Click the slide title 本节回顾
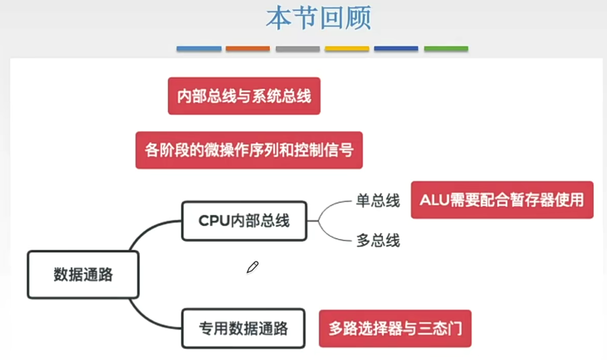coord(318,18)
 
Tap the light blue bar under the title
coord(199,49)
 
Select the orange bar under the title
coord(248,49)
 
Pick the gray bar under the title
coord(297,49)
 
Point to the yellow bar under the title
coord(347,49)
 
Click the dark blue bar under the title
coord(396,49)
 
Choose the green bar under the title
coord(446,49)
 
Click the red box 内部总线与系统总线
coord(244,96)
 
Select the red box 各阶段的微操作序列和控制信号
coord(249,150)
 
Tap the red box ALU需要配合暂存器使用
coord(502,200)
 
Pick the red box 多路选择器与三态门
coord(395,328)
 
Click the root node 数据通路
coord(83,275)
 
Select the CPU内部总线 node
coord(244,221)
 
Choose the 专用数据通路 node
coord(243,328)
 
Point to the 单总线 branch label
coord(378,201)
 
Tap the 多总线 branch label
coord(378,241)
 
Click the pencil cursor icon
coord(252,267)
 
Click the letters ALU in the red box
coord(433,200)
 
